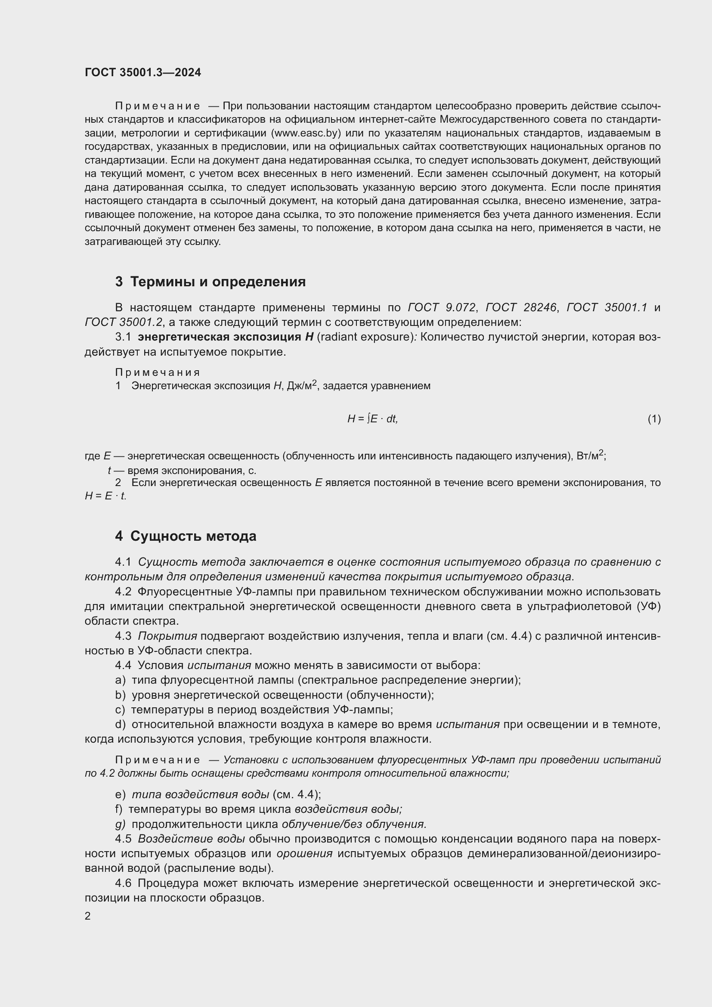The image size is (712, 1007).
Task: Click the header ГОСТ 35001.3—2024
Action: pos(142,72)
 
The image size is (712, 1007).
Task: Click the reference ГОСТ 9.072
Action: pos(442,307)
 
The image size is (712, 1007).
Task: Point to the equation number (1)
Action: pos(654,419)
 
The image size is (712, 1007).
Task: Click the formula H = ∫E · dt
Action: pos(372,419)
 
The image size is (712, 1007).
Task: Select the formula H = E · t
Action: pos(105,496)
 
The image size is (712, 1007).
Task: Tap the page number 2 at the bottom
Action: pos(88,916)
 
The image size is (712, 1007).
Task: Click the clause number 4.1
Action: pos(123,562)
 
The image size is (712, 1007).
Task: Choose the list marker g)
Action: pos(120,824)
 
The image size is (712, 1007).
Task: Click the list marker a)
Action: pos(120,680)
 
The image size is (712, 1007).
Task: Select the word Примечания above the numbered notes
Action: pos(158,372)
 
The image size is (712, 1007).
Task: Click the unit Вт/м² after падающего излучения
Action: pos(590,455)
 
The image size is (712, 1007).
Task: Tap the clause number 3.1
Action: pos(123,337)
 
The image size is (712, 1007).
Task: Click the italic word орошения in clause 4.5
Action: pos(304,853)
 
